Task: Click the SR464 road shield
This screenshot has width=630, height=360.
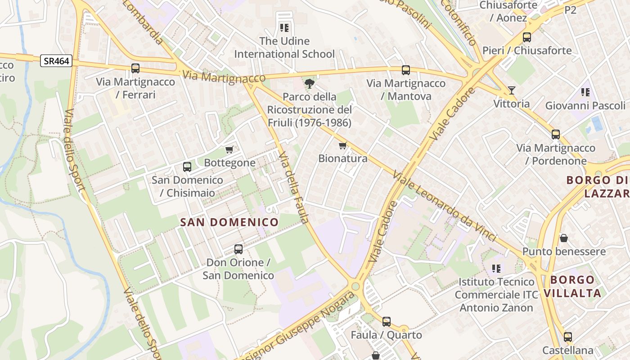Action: [56, 61]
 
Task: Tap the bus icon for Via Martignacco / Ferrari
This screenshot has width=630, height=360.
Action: [135, 68]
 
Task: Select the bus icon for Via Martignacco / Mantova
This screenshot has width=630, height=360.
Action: [406, 70]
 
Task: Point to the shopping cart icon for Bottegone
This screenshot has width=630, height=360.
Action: [229, 149]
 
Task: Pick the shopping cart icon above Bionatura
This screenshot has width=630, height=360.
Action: [343, 145]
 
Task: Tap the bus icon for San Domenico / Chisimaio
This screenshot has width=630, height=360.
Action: [187, 166]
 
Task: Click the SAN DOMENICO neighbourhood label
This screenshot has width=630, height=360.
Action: [229, 222]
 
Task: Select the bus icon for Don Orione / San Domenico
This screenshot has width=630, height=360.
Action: [238, 249]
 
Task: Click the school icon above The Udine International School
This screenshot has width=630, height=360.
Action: [284, 28]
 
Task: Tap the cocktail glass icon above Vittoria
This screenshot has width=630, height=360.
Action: [512, 90]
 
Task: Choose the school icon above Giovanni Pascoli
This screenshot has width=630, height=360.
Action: [585, 92]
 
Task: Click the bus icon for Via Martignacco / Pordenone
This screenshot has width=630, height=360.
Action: [556, 134]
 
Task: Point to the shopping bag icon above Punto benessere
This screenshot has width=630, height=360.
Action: [563, 238]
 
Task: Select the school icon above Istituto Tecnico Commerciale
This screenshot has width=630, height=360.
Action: [496, 269]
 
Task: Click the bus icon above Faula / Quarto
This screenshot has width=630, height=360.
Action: [387, 321]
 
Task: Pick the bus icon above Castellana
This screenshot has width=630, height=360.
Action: [568, 337]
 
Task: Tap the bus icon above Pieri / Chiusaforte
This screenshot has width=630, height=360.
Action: [527, 37]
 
